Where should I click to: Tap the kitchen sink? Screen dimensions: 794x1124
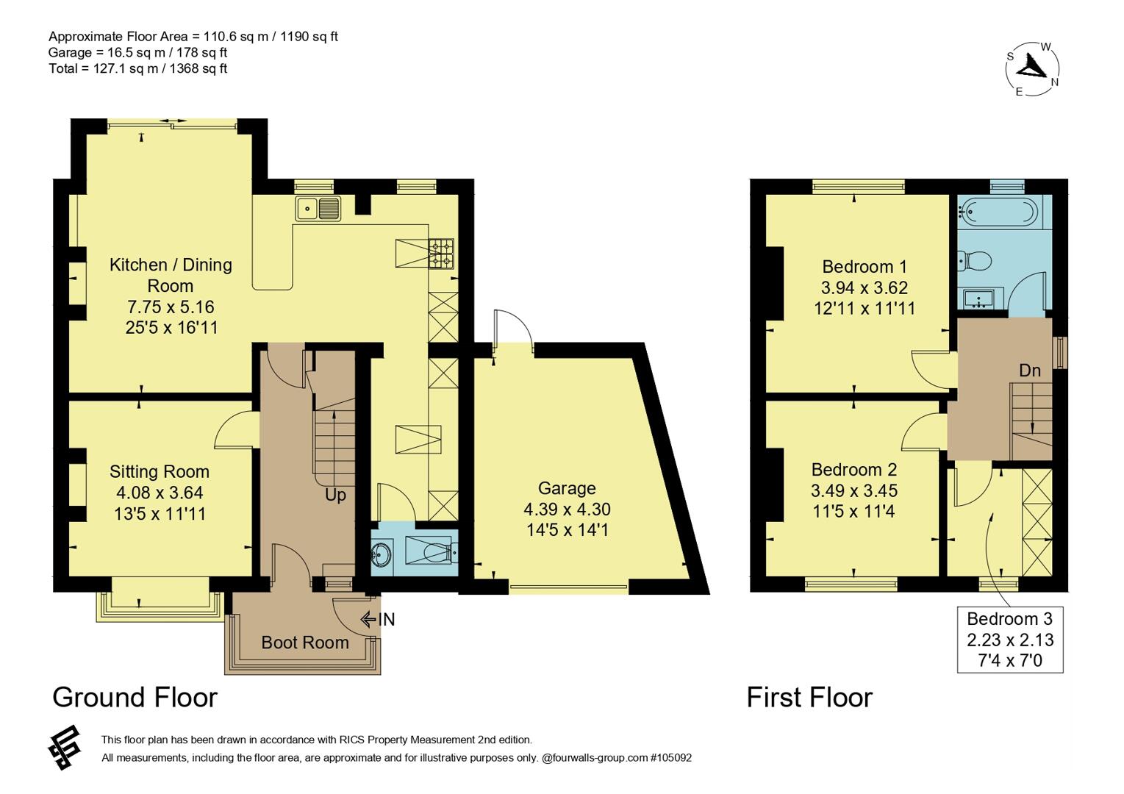318,209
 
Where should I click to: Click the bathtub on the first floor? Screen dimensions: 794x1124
998,212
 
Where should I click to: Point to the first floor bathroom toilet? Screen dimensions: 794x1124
974,261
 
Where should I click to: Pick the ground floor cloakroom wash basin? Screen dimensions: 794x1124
382,552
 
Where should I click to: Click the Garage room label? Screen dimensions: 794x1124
567,488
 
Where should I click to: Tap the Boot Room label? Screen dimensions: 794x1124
305,643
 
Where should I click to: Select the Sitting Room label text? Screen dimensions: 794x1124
160,472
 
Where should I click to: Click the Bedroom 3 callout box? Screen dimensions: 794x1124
1009,640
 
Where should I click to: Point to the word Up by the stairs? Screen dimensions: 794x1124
335,495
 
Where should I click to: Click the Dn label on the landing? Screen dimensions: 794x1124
1029,371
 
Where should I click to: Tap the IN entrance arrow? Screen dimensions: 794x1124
377,620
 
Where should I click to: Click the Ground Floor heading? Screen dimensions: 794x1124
135,697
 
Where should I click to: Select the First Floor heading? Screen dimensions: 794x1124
809,697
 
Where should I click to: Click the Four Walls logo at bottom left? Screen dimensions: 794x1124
64,748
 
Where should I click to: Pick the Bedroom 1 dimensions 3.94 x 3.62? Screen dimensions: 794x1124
864,287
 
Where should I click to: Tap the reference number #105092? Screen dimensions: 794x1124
671,757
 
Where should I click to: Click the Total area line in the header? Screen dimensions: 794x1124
137,68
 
